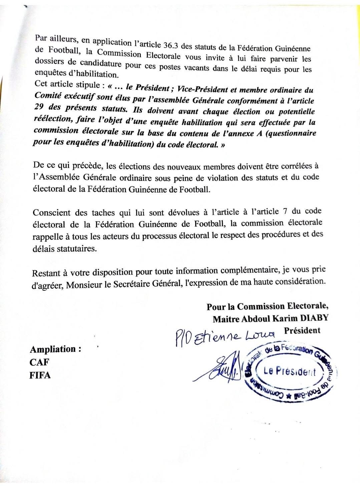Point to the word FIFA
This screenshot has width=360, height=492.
(40, 375)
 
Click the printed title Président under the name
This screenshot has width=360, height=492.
(302, 330)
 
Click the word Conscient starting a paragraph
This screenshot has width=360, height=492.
(52, 213)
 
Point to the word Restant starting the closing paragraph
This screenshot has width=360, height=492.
(46, 273)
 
